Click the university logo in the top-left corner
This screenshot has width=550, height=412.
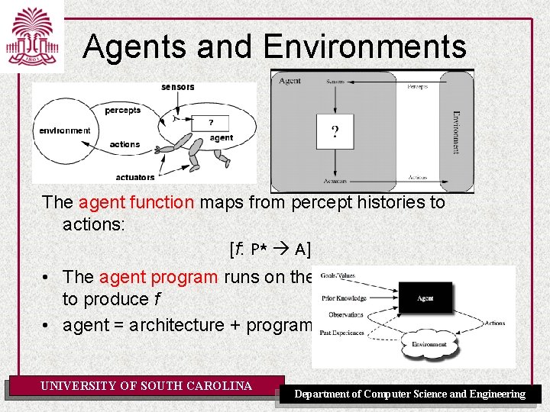click(x=31, y=36)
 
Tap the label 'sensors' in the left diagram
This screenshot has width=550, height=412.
click(x=177, y=87)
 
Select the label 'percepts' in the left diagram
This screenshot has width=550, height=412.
click(x=123, y=111)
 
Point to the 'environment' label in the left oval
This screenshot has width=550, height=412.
click(x=65, y=130)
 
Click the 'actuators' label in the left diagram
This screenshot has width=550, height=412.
click(x=135, y=177)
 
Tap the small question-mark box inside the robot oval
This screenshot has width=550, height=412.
click(x=210, y=122)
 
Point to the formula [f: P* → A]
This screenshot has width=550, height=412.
click(x=270, y=249)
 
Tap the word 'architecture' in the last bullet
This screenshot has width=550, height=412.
click(x=176, y=325)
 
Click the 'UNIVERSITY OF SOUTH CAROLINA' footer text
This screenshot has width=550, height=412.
click(x=146, y=386)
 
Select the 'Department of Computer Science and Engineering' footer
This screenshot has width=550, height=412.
click(x=410, y=394)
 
